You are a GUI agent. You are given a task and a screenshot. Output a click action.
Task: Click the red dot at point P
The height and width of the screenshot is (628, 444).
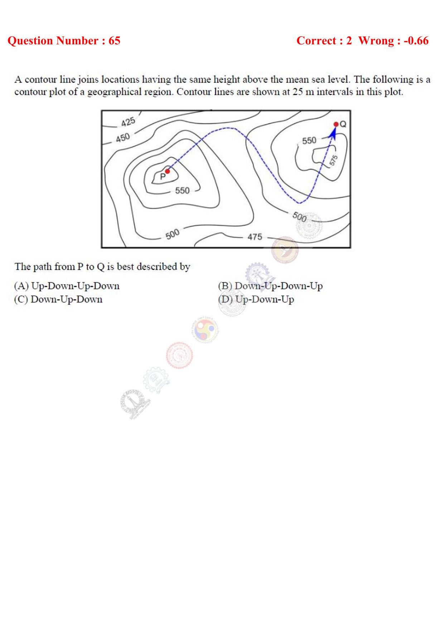pyautogui.click(x=167, y=171)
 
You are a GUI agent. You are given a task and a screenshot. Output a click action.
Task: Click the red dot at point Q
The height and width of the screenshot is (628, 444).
pyautogui.click(x=336, y=124)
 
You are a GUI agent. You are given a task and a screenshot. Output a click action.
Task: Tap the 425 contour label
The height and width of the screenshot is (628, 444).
pyautogui.click(x=128, y=122)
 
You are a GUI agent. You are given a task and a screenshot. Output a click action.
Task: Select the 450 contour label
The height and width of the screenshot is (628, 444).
pyautogui.click(x=122, y=137)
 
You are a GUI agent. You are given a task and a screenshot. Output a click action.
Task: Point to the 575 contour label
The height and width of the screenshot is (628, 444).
pyautogui.click(x=333, y=160)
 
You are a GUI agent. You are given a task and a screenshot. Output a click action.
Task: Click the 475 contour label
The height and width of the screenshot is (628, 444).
pyautogui.click(x=255, y=237)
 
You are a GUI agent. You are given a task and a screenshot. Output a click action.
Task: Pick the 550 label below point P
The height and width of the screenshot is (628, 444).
pyautogui.click(x=182, y=190)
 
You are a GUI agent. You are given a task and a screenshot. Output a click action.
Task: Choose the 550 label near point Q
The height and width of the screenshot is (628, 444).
pyautogui.click(x=309, y=141)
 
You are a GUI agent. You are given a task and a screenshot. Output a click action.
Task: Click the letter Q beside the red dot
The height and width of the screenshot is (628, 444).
pyautogui.click(x=343, y=124)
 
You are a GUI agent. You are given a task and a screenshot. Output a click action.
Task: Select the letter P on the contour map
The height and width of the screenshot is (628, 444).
pyautogui.click(x=162, y=176)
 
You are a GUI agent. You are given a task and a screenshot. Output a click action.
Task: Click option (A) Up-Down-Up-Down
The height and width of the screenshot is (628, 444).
pyautogui.click(x=67, y=286)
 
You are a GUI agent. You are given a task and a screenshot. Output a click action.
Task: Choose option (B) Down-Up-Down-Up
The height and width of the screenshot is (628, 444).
pyautogui.click(x=270, y=286)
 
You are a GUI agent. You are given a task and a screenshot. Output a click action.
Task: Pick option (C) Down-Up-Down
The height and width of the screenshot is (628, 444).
pyautogui.click(x=58, y=299)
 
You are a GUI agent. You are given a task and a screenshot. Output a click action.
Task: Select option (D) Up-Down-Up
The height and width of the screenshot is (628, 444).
pyautogui.click(x=256, y=299)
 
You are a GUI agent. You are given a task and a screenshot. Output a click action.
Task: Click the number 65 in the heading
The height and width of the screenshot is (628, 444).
pyautogui.click(x=114, y=41)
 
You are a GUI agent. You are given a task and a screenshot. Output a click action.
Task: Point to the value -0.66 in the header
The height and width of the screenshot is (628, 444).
pyautogui.click(x=416, y=41)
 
